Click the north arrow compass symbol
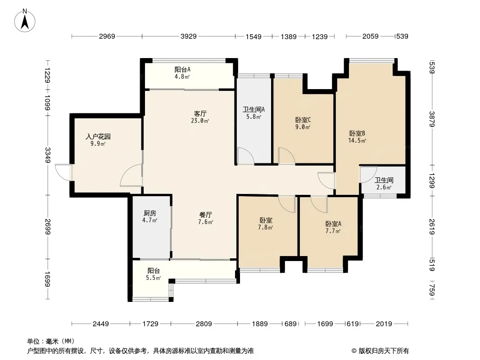pos(25,21)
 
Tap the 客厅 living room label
pos(200,113)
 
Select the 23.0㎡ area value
pos(200,121)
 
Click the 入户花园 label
pos(98,136)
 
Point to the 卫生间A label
pos(254,109)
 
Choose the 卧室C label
pos(303,120)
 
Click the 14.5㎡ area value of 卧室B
pos(357,141)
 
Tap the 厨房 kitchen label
pos(149,213)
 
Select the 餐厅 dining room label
pos(205,215)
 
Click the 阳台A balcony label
pos(182,69)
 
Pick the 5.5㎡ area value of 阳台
pos(154,278)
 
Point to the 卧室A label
pos(333,224)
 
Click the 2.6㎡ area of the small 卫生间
pos(384,187)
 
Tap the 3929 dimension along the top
pos(189,36)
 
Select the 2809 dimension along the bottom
pos(204,324)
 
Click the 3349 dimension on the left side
pos(48,155)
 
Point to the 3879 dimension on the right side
pos(432,119)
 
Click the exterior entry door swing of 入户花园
pos(63,172)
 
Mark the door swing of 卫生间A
pos(246,156)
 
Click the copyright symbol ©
pos(354,351)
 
